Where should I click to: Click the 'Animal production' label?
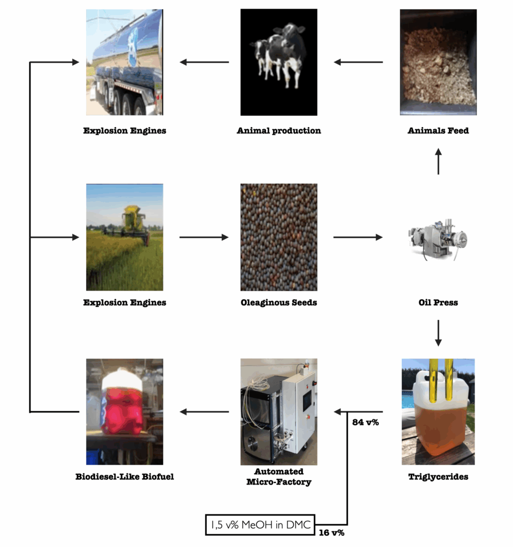tap(279, 131)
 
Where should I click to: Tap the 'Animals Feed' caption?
tap(438, 131)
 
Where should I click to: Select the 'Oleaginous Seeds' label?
tap(279, 303)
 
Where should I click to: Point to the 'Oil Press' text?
tap(438, 303)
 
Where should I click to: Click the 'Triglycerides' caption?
tap(438, 477)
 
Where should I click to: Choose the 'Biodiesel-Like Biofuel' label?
tap(125, 477)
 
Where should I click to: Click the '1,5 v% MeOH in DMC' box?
tap(260, 525)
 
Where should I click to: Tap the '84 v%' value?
tap(366, 423)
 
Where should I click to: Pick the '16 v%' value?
tap(331, 533)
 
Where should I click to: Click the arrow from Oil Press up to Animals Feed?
tap(438, 161)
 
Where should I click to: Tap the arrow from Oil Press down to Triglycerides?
tap(438, 333)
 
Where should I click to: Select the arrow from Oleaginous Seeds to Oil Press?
tap(357, 237)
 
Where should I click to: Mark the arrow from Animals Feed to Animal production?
tap(359, 62)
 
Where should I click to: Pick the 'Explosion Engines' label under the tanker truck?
tap(125, 131)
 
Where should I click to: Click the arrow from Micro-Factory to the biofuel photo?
tap(204, 412)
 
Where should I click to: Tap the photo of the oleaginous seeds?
tap(279, 237)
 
